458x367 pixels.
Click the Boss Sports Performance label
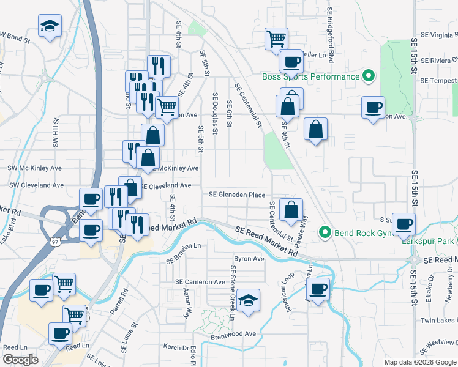pos(310,77)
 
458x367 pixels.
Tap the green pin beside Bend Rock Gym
pos(325,232)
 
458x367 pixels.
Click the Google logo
pos(21,360)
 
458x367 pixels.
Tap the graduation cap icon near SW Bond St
pos(50,26)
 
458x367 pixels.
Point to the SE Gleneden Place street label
pos(237,195)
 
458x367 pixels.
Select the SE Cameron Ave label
pos(200,282)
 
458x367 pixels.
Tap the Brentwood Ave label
pos(233,333)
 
